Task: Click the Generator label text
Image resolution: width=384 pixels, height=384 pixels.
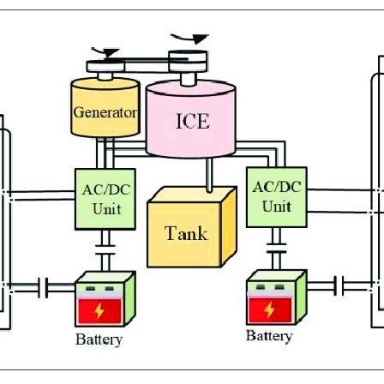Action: click(105, 112)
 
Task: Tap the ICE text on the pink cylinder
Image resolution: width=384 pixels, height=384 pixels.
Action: click(192, 121)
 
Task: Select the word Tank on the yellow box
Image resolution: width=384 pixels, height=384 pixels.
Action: click(185, 233)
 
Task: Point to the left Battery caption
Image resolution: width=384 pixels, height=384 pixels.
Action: click(99, 339)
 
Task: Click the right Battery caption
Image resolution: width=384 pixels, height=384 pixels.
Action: click(269, 336)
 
